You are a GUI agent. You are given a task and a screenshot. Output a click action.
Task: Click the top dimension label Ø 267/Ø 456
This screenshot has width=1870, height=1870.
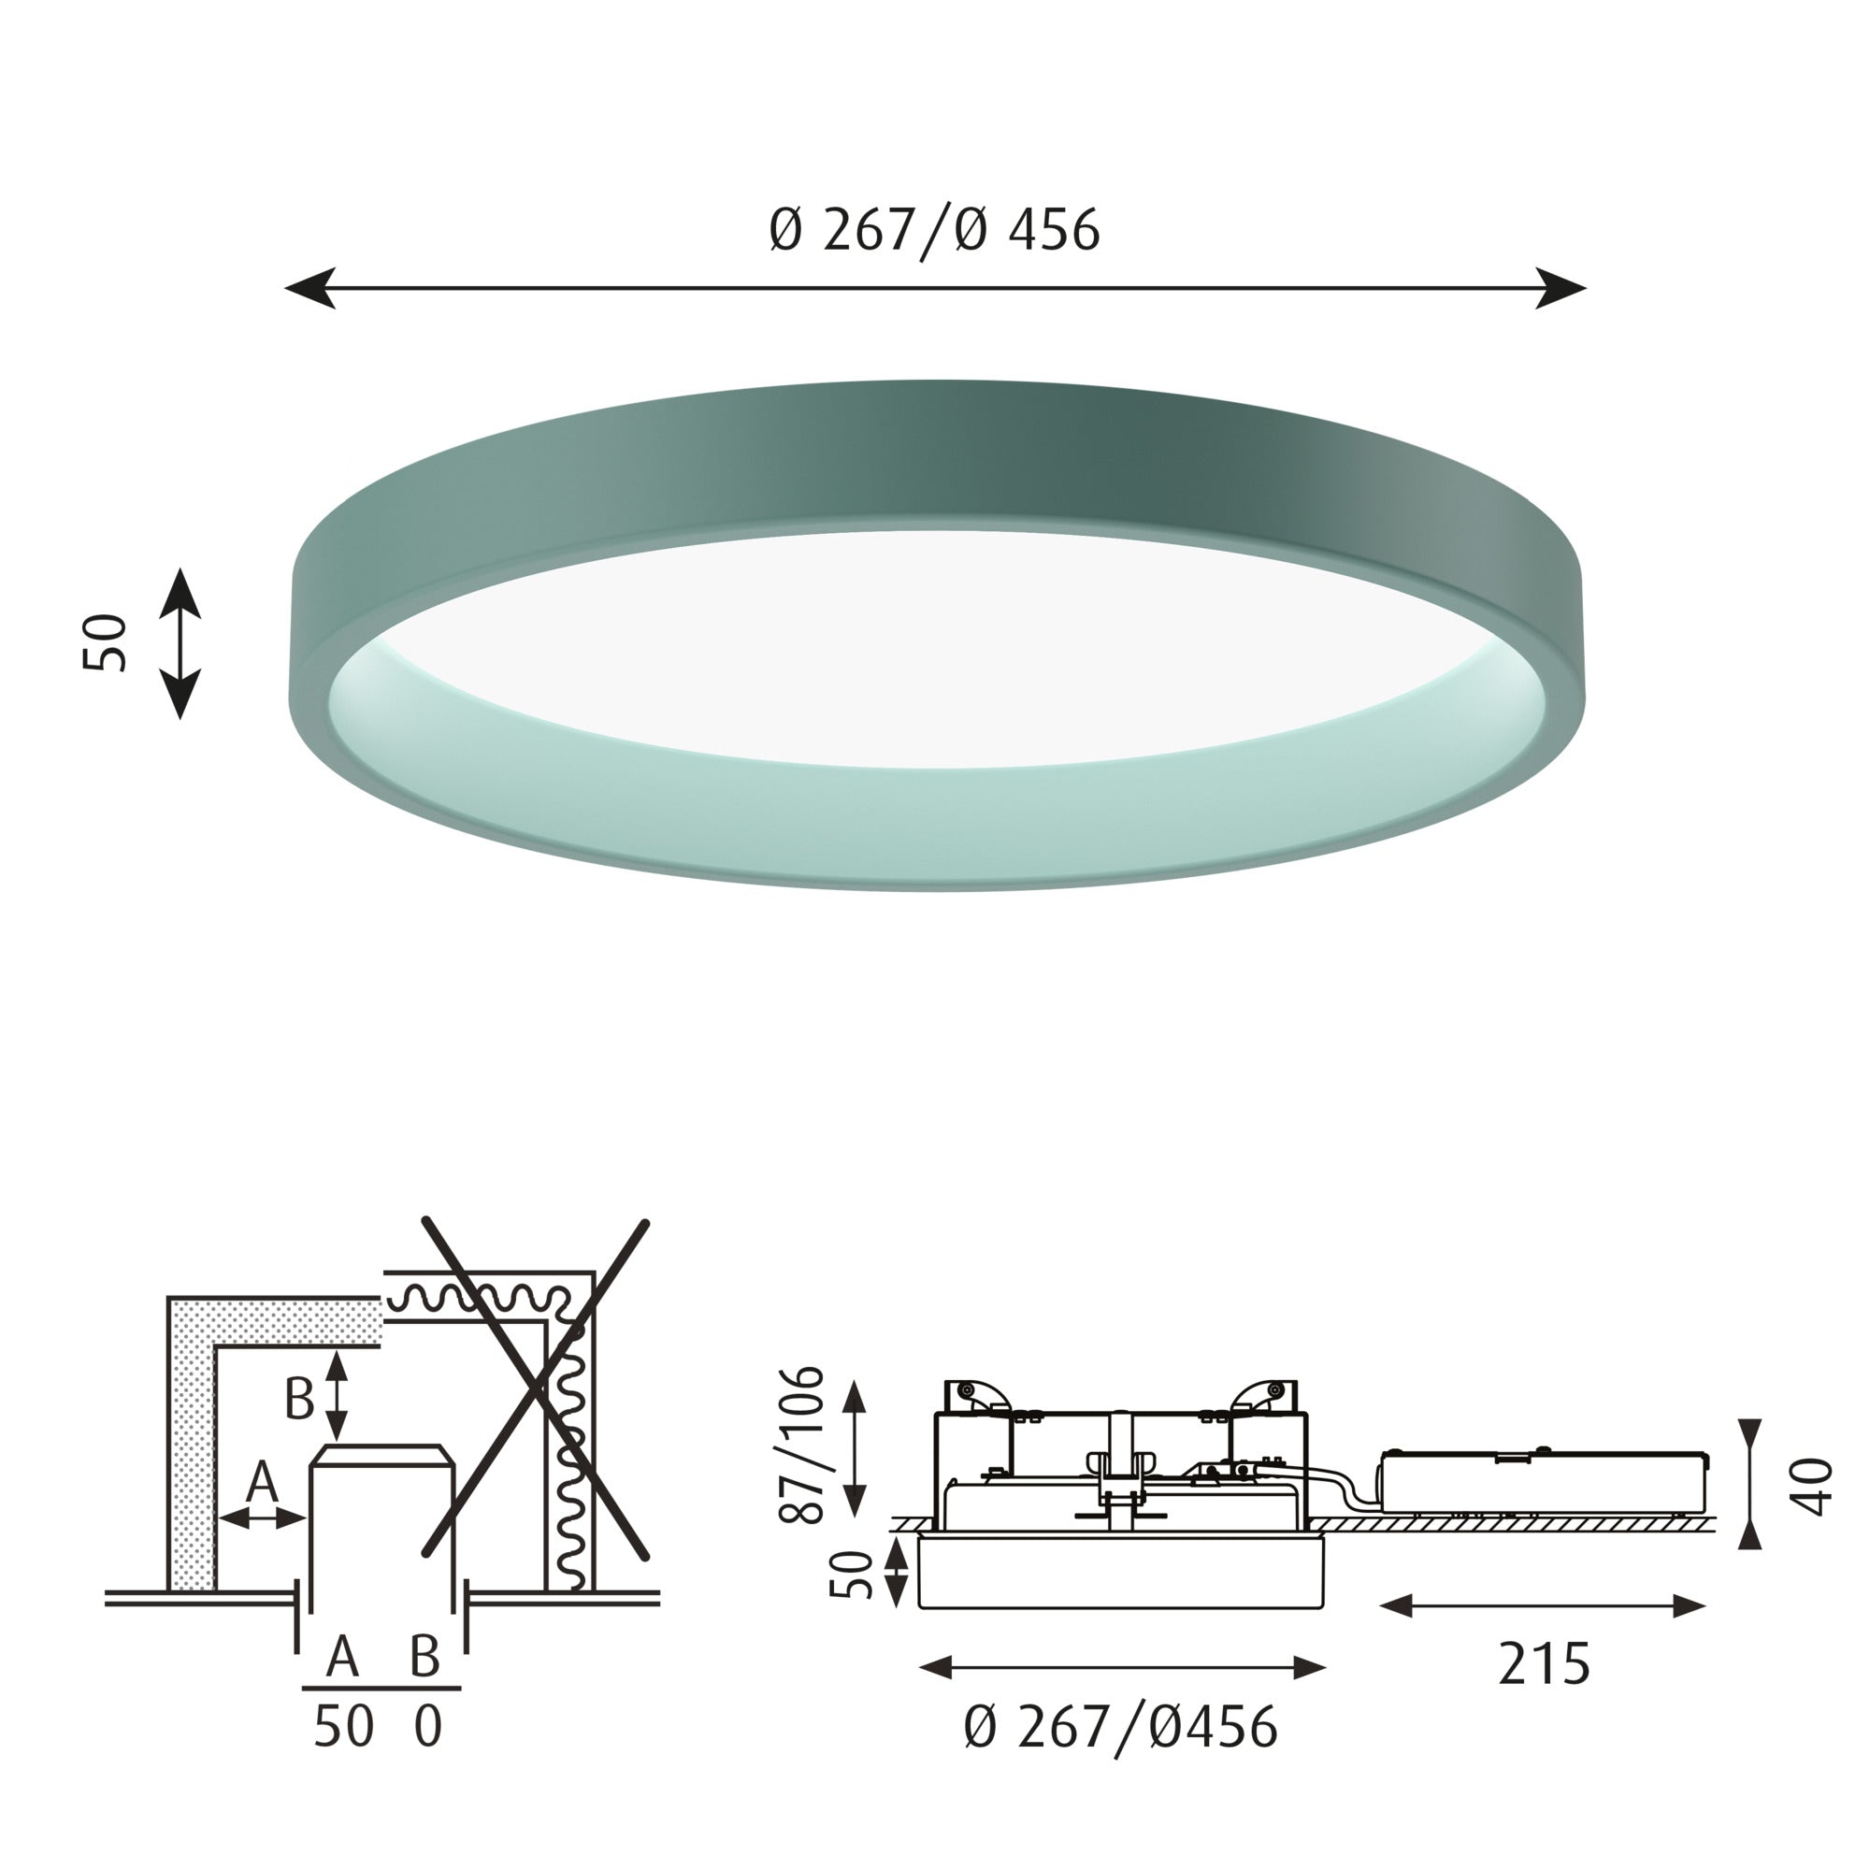(934, 230)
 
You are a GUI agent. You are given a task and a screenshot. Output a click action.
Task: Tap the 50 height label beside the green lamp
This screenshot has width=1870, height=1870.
(106, 642)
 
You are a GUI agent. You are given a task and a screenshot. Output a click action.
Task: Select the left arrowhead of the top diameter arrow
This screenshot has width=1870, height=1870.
(309, 288)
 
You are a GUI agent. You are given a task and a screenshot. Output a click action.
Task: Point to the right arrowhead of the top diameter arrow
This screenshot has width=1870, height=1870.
(1561, 288)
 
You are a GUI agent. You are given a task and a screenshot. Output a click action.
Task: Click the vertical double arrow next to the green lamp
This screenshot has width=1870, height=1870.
(180, 642)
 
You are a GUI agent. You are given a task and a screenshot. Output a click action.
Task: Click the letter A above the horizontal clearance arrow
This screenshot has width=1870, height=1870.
(263, 1482)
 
